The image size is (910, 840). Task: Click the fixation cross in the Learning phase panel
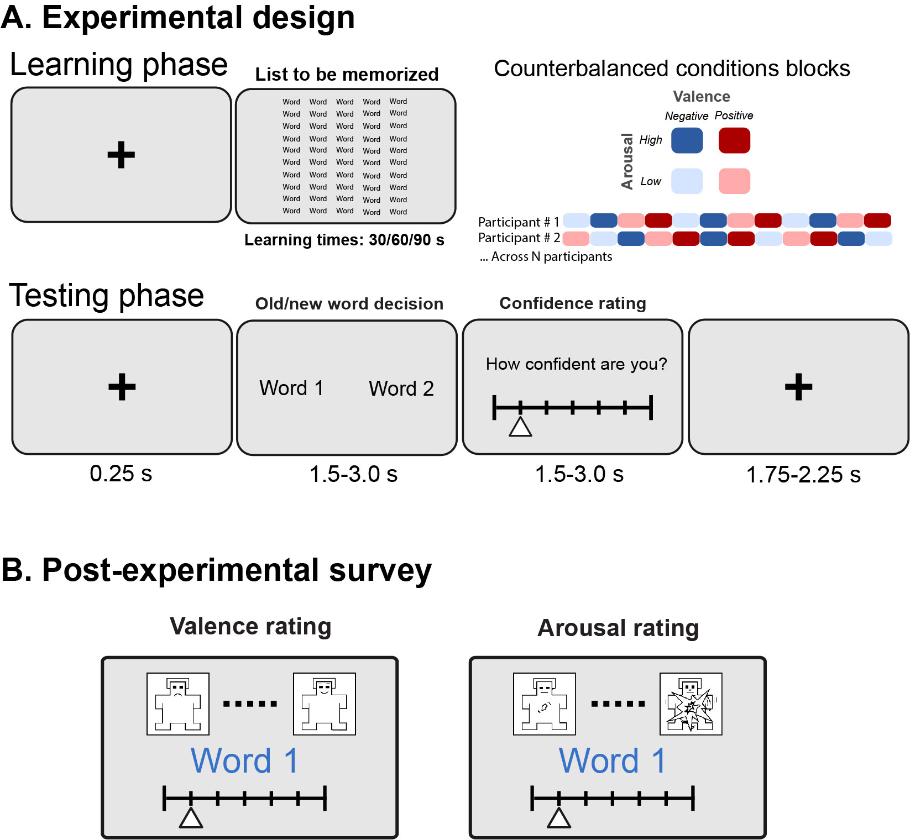121,155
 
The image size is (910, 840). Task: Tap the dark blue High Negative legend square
687,140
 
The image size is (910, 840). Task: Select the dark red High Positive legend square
734,140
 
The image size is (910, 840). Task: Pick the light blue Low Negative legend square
687,181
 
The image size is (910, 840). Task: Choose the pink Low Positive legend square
734,181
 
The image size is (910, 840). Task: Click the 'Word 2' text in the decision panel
401,389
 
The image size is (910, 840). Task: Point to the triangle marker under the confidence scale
520,427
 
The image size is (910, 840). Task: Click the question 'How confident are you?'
576,364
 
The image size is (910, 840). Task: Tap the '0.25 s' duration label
121,474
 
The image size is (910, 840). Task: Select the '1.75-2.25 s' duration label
803,475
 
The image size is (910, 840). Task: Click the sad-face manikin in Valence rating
178,704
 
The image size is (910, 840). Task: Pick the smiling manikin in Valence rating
324,704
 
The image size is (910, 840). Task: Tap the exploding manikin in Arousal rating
691,704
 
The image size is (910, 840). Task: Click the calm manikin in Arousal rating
545,704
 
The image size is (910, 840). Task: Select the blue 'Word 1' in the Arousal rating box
612,761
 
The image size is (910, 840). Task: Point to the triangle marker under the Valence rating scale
191,818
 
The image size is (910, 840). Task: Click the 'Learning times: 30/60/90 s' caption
344,240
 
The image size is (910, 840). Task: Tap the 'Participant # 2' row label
519,238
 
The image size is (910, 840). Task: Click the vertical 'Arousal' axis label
627,161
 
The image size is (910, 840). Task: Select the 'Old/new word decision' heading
349,303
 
